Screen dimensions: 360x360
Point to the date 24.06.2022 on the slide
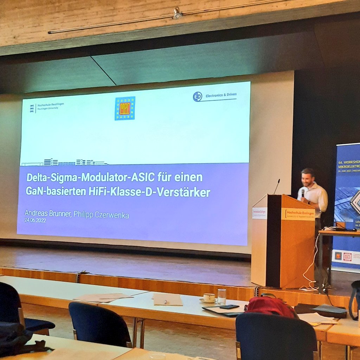pyautogui.click(x=35, y=220)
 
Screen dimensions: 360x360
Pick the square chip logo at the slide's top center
pyautogui.click(x=125, y=108)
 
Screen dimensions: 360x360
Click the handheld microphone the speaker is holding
pyautogui.click(x=303, y=193)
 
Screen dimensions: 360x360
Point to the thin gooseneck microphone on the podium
pyautogui.click(x=277, y=186)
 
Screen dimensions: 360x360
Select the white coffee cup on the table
pyautogui.click(x=209, y=297)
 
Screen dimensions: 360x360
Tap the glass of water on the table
pyautogui.click(x=222, y=296)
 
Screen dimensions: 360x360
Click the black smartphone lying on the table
pyautogui.click(x=229, y=307)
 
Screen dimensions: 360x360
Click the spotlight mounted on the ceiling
pyautogui.click(x=177, y=14)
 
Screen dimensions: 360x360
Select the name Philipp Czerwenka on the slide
pyautogui.click(x=101, y=215)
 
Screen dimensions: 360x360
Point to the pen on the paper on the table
pyautogui.click(x=165, y=302)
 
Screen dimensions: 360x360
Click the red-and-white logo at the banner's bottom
pyautogui.click(x=347, y=257)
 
